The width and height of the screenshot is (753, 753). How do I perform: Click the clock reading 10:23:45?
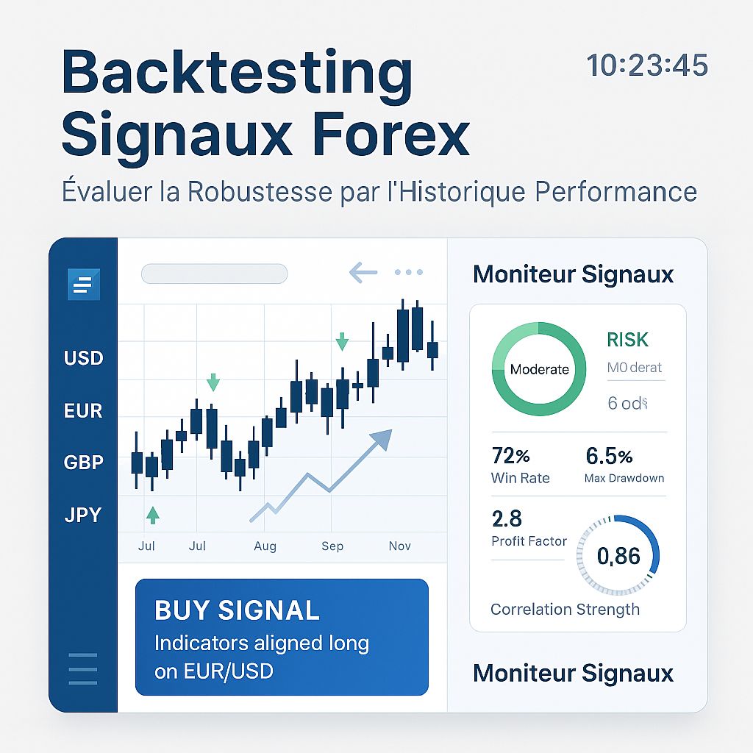(x=647, y=65)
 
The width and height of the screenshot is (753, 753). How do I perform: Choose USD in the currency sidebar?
(x=83, y=359)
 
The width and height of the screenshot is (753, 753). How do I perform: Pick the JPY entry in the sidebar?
(x=83, y=515)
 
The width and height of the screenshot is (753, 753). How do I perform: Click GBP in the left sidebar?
(x=83, y=463)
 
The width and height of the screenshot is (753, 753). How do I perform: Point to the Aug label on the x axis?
(x=265, y=546)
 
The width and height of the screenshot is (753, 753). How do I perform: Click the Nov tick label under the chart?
(x=399, y=546)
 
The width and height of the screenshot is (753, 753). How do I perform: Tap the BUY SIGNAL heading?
(x=237, y=610)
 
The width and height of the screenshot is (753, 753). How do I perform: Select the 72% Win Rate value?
(x=510, y=456)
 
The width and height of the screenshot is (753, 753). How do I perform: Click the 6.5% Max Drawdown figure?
(x=609, y=456)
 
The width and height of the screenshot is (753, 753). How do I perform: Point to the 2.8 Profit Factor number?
(x=507, y=519)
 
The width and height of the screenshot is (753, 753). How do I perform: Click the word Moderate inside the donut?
(x=539, y=369)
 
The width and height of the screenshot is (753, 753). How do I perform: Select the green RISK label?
(x=627, y=340)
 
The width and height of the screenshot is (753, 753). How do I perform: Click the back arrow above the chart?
(x=363, y=274)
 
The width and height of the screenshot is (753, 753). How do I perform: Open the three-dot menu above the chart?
(x=408, y=273)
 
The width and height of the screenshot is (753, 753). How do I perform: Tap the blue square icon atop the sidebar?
(x=83, y=284)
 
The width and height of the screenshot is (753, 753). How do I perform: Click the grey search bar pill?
(x=213, y=274)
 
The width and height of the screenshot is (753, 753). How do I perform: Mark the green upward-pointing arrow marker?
(x=153, y=515)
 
